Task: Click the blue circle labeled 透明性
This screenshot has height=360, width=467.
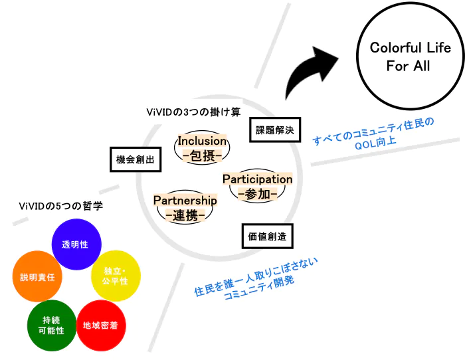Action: pyautogui.click(x=74, y=244)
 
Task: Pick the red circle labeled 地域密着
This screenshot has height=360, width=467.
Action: pyautogui.click(x=101, y=325)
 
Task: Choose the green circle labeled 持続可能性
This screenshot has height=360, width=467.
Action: pyautogui.click(x=52, y=325)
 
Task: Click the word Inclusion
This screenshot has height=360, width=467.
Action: pyautogui.click(x=202, y=141)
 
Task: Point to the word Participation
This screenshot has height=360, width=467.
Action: pyautogui.click(x=257, y=179)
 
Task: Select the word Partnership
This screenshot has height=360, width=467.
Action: pyautogui.click(x=185, y=200)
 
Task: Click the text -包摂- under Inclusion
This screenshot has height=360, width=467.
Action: pyautogui.click(x=202, y=157)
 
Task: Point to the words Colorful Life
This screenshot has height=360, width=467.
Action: pyautogui.click(x=410, y=48)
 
